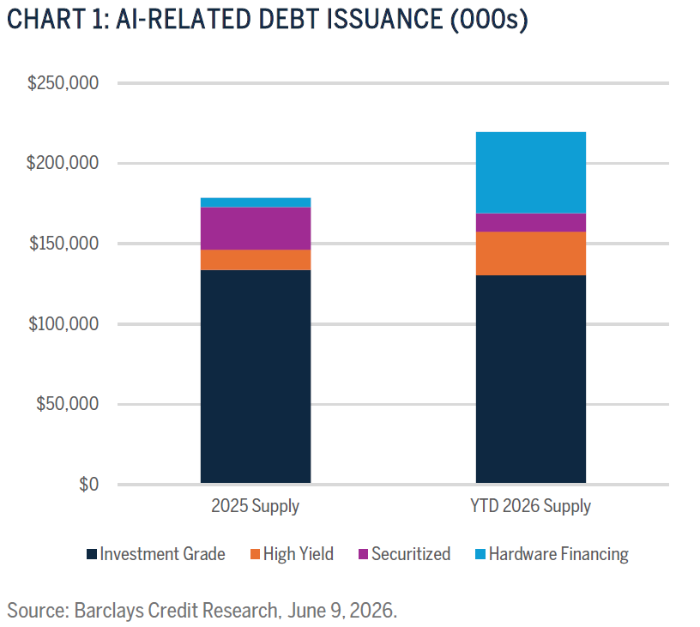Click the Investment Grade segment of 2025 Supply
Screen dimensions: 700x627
point(256,377)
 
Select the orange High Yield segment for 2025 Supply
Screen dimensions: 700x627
point(256,260)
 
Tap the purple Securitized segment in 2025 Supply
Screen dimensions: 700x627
point(256,228)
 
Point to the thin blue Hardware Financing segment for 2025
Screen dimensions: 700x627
point(256,202)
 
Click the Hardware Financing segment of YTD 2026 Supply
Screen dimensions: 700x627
point(531,172)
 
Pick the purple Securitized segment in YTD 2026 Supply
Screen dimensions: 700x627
point(531,223)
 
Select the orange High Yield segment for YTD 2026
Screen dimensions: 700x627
point(531,254)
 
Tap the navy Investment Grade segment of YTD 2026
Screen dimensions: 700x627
point(531,379)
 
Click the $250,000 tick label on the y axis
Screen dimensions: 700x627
point(63,83)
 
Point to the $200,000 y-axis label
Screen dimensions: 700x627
point(63,163)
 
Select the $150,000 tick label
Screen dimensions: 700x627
point(63,244)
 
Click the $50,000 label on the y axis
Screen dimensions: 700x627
point(68,404)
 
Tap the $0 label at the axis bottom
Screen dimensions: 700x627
point(89,485)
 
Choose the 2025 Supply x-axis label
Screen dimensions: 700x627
point(256,507)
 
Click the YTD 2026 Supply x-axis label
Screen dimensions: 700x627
point(531,507)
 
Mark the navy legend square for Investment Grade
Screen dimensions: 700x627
point(92,554)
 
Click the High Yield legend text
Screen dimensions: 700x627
point(299,554)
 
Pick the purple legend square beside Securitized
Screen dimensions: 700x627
point(364,554)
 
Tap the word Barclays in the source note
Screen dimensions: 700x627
point(109,611)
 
